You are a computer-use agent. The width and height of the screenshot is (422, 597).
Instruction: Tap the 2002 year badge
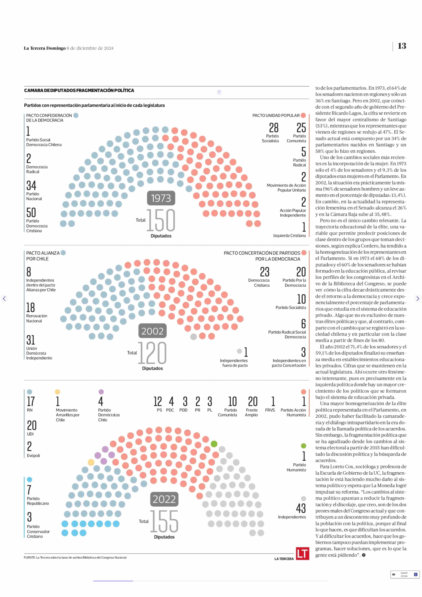click(152, 331)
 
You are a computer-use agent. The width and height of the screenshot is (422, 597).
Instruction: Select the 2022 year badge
click(164, 499)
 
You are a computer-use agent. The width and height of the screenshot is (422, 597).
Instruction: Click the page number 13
click(402, 46)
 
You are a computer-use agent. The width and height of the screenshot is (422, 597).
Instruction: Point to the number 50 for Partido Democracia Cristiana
click(31, 213)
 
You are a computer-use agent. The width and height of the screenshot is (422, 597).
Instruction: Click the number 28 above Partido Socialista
click(274, 128)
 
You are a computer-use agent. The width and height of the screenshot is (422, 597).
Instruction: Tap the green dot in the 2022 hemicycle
click(214, 444)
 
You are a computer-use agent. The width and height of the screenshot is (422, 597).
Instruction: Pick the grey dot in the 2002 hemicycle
click(193, 337)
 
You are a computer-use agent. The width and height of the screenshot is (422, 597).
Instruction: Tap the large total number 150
click(161, 220)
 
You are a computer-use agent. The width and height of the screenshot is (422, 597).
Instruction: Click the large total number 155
click(164, 521)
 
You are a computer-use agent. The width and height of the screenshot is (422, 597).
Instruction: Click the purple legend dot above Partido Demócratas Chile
click(101, 392)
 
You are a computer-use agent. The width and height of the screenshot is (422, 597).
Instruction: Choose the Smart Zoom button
click(405, 574)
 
